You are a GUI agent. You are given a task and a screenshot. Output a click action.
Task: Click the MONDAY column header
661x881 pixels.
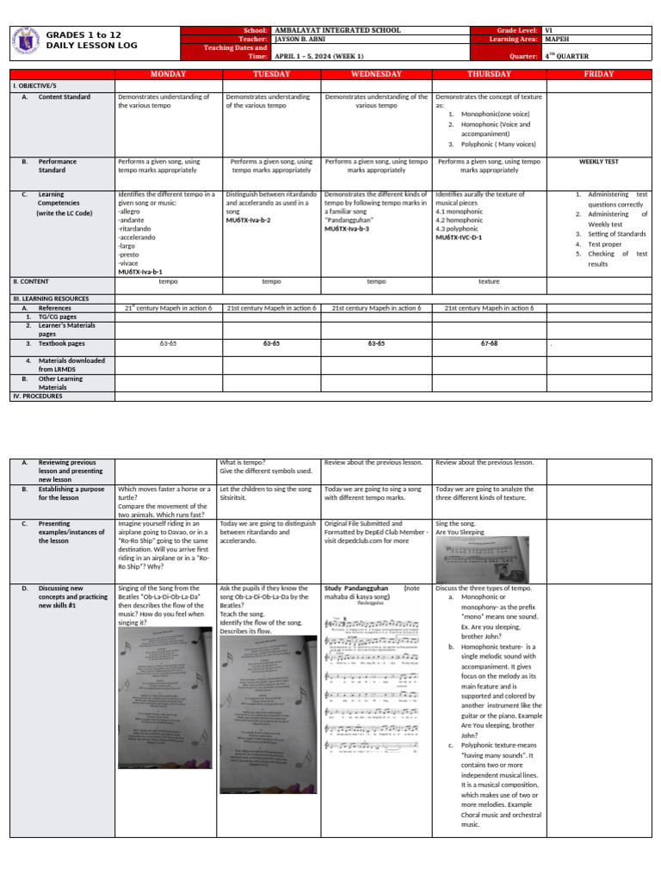coord(167,74)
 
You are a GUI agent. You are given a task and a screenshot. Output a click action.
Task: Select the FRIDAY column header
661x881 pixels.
coord(599,74)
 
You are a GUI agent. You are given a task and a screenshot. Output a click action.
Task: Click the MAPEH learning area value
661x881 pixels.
coord(556,39)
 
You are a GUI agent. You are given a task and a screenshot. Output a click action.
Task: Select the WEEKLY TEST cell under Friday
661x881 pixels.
coord(599,161)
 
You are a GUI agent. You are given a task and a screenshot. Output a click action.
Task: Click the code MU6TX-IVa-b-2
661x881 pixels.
coord(249,220)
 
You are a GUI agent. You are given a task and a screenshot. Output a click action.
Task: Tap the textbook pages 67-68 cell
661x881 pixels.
coord(489,343)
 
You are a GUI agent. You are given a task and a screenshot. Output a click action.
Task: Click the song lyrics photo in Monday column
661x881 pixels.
coord(164,696)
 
